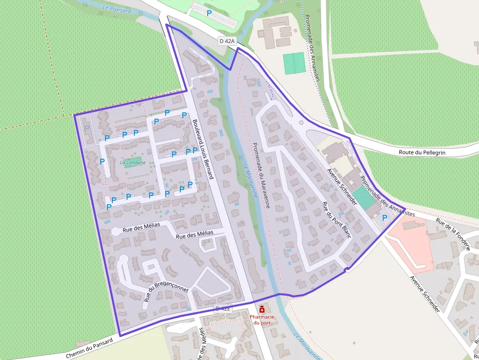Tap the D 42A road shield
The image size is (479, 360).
[x=228, y=42]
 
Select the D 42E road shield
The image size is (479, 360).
[x=222, y=309]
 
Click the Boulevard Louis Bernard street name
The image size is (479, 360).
[x=203, y=149]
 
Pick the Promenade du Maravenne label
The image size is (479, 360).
[x=262, y=175]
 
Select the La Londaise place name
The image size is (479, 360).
[x=132, y=162]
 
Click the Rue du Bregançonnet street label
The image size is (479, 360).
[x=166, y=287]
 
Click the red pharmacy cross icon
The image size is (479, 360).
[x=262, y=310]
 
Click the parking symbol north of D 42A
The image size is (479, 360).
[x=209, y=13]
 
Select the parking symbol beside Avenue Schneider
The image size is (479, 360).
[x=384, y=218]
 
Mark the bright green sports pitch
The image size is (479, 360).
[x=294, y=63]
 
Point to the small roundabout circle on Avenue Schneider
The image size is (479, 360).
[x=301, y=123]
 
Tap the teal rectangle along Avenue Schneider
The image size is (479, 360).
[x=364, y=197]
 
